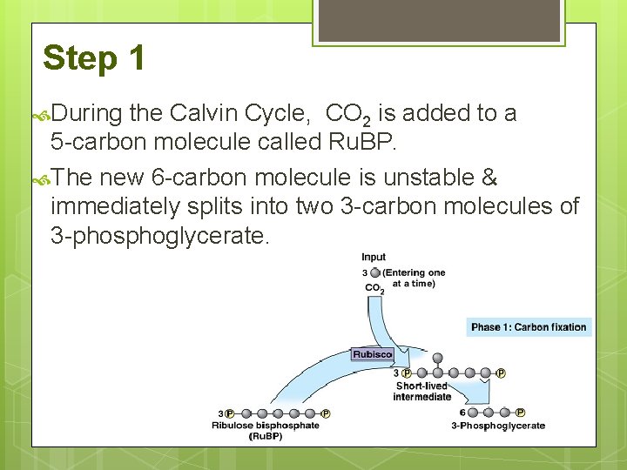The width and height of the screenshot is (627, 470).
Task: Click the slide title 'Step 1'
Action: (93, 59)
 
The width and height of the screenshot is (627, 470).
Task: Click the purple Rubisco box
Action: (372, 354)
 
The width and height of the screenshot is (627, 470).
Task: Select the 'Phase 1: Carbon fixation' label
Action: (529, 327)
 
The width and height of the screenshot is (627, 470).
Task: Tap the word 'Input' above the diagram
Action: (374, 258)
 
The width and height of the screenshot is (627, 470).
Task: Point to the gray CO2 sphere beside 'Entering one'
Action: (374, 272)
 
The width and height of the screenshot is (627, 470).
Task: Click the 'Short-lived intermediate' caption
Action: (421, 392)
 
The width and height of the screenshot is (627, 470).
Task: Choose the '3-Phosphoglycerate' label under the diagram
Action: (497, 426)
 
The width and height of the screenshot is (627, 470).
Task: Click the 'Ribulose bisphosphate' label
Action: (265, 426)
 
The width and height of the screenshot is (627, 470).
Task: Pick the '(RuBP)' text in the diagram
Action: (265, 436)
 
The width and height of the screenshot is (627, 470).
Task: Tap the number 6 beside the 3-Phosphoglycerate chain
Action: (463, 413)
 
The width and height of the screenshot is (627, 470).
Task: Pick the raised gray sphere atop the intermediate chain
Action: (437, 357)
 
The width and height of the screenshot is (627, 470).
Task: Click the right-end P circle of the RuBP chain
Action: (326, 413)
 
